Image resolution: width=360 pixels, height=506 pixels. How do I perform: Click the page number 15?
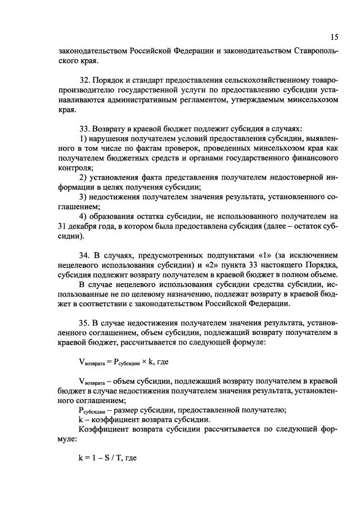click(334, 38)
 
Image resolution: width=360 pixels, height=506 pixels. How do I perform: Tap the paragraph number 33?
click(85, 128)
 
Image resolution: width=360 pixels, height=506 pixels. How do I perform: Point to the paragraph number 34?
click(85, 254)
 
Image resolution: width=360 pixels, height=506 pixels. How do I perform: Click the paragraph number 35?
click(85, 322)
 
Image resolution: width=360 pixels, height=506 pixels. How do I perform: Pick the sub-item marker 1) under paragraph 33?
click(83, 138)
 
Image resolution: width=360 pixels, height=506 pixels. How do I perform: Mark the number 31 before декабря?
click(63, 226)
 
